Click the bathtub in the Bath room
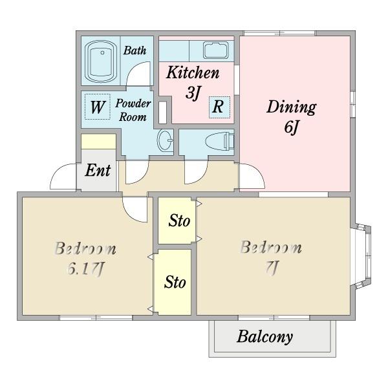tap(101, 61)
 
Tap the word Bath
tap(135, 50)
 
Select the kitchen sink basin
tap(216, 50)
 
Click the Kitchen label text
tap(193, 72)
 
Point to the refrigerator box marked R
tap(219, 107)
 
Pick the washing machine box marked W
tap(97, 107)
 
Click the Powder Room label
tap(133, 110)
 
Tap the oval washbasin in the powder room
tap(165, 140)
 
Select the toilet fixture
tap(220, 142)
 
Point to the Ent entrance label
tap(98, 171)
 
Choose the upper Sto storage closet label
tap(179, 221)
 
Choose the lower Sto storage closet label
tap(175, 282)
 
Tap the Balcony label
tap(264, 337)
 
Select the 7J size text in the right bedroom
tap(272, 267)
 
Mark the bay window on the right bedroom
tap(361, 256)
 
